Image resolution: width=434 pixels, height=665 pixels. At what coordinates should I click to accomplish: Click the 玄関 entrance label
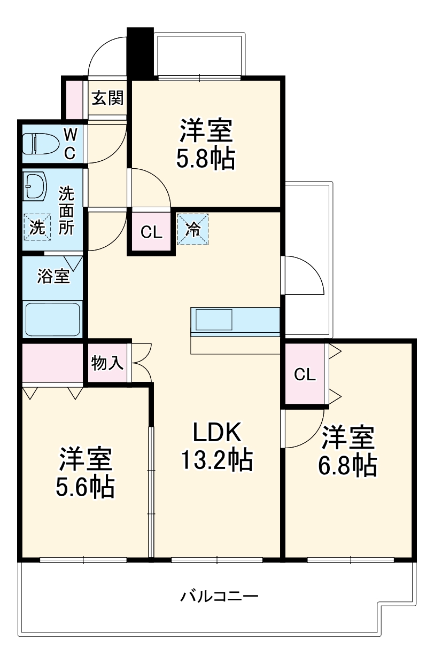(107, 98)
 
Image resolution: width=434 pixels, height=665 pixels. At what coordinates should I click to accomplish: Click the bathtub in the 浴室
(52, 319)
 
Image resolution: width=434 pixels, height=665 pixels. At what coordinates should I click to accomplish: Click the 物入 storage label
(107, 364)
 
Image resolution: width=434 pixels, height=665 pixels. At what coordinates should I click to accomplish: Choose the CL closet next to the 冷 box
(151, 232)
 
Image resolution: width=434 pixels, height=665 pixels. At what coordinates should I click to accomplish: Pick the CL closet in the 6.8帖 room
(305, 374)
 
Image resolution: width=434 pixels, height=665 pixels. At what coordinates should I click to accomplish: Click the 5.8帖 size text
(206, 159)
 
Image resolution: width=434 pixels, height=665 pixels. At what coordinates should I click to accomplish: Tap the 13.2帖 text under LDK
(216, 459)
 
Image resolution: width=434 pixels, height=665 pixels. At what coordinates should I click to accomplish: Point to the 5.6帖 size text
(85, 486)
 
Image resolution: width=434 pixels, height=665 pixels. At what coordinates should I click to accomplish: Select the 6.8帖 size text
(348, 465)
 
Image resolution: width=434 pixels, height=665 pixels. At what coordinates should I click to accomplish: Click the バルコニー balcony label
(219, 595)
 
